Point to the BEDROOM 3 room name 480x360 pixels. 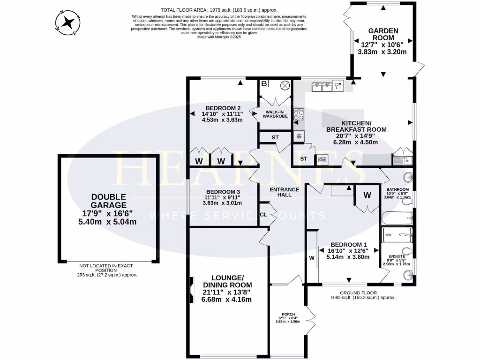pyautogui.click(x=223, y=192)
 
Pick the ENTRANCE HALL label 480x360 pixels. pyautogui.click(x=284, y=192)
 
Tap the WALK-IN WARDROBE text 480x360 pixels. pyautogui.click(x=275, y=114)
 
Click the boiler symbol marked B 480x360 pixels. pyautogui.click(x=264, y=84)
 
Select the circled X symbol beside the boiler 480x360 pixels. pyautogui.click(x=285, y=85)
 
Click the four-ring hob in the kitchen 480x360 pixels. pyautogui.click(x=299, y=114)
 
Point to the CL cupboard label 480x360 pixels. pyautogui.click(x=263, y=215)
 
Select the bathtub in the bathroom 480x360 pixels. pyautogui.click(x=397, y=218)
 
